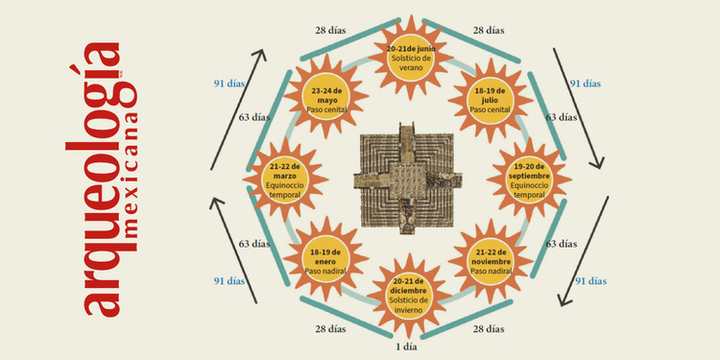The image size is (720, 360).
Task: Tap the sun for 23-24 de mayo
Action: (x=329, y=99)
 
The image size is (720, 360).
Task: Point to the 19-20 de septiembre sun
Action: (x=529, y=179)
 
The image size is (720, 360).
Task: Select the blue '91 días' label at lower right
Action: (x=589, y=281)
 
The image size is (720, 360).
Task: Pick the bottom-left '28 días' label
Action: (x=331, y=329)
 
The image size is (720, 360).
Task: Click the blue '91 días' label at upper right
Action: (x=586, y=84)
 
